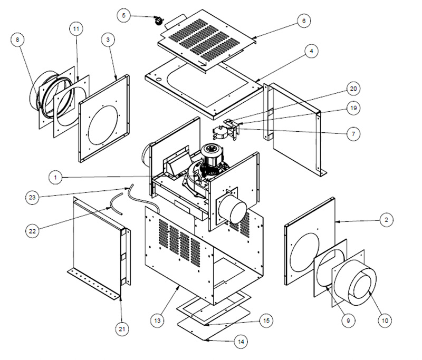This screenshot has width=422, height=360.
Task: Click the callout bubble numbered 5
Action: [x=124, y=15]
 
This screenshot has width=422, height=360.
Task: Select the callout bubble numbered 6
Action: [x=304, y=21]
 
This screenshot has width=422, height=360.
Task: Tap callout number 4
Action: [x=311, y=51]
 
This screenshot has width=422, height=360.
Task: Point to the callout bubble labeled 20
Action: [x=353, y=89]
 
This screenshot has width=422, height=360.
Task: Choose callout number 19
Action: [x=353, y=108]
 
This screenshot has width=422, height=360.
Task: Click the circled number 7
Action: [x=353, y=134]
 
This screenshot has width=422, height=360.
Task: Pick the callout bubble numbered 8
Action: [x=18, y=40]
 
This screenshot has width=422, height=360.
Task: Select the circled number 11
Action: [x=76, y=28]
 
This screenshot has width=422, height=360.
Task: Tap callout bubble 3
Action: [x=108, y=40]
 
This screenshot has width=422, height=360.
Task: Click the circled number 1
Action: [x=55, y=178]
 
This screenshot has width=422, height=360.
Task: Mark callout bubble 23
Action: [x=32, y=197]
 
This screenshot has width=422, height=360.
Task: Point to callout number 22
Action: [x=32, y=231]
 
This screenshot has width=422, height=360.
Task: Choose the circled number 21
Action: [x=122, y=329]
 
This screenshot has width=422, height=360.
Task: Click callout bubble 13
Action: [x=157, y=320]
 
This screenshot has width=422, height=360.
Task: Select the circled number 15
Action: [x=266, y=320]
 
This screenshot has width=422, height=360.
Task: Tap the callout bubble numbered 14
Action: [x=241, y=342]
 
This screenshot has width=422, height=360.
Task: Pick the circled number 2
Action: [x=387, y=220]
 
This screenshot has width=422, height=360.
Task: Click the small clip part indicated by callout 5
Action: [x=159, y=21]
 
